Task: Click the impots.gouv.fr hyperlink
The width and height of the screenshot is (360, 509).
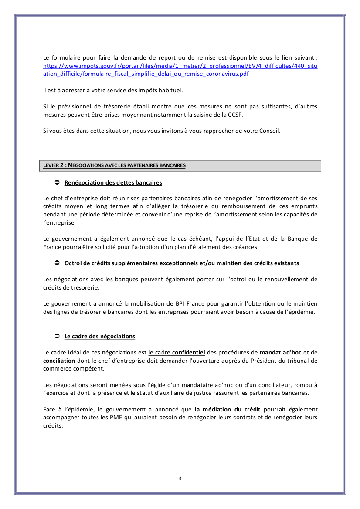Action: pyautogui.click(x=180, y=66)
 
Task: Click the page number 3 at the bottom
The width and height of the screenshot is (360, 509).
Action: pyautogui.click(x=180, y=479)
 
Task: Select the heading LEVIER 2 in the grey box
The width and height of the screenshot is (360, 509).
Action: pyautogui.click(x=114, y=165)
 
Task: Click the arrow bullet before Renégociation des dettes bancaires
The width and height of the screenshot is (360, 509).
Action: pyautogui.click(x=56, y=182)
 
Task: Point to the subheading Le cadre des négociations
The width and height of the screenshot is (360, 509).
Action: pyautogui.click(x=100, y=337)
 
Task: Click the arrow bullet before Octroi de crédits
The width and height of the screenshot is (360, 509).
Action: pyautogui.click(x=56, y=263)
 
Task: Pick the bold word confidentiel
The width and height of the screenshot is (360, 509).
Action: pyautogui.click(x=188, y=352)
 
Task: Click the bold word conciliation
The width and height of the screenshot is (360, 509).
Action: pyautogui.click(x=59, y=361)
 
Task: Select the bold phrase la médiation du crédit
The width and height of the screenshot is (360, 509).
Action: pyautogui.click(x=228, y=409)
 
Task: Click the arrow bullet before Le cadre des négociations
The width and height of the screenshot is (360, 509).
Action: pyautogui.click(x=56, y=336)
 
